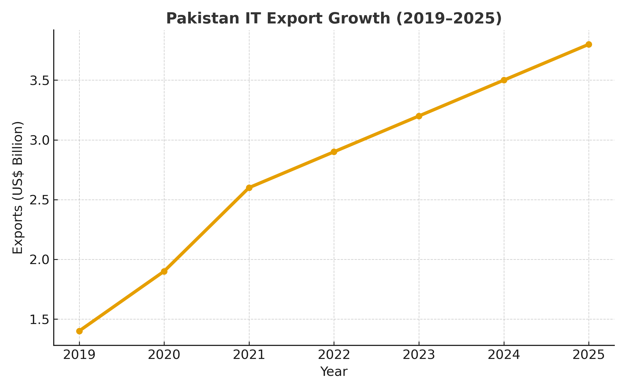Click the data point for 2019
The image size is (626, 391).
pyautogui.click(x=79, y=331)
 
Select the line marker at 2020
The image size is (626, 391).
pyautogui.click(x=164, y=271)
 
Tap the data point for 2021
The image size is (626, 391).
pyautogui.click(x=249, y=188)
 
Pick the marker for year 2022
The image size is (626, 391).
pyautogui.click(x=334, y=152)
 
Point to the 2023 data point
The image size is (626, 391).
pyautogui.click(x=419, y=116)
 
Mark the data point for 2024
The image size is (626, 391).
pyautogui.click(x=504, y=80)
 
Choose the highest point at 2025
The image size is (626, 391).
pyautogui.click(x=589, y=44)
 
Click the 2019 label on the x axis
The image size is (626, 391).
pyautogui.click(x=79, y=355)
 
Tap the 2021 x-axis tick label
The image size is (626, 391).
pyautogui.click(x=249, y=355)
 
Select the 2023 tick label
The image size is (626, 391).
pyautogui.click(x=419, y=355)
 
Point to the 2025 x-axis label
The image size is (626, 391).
pyautogui.click(x=589, y=355)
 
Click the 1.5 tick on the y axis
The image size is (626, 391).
pyautogui.click(x=39, y=320)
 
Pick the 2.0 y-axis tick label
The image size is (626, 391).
pyautogui.click(x=39, y=260)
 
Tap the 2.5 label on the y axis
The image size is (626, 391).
pyautogui.click(x=39, y=200)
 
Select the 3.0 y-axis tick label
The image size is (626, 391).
pyautogui.click(x=39, y=140)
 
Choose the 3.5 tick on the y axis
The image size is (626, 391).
pyautogui.click(x=39, y=81)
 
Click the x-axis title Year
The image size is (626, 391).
pyautogui.click(x=334, y=372)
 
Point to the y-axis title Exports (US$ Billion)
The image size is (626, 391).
pyautogui.click(x=18, y=188)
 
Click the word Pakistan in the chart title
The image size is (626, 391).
pyautogui.click(x=203, y=19)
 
